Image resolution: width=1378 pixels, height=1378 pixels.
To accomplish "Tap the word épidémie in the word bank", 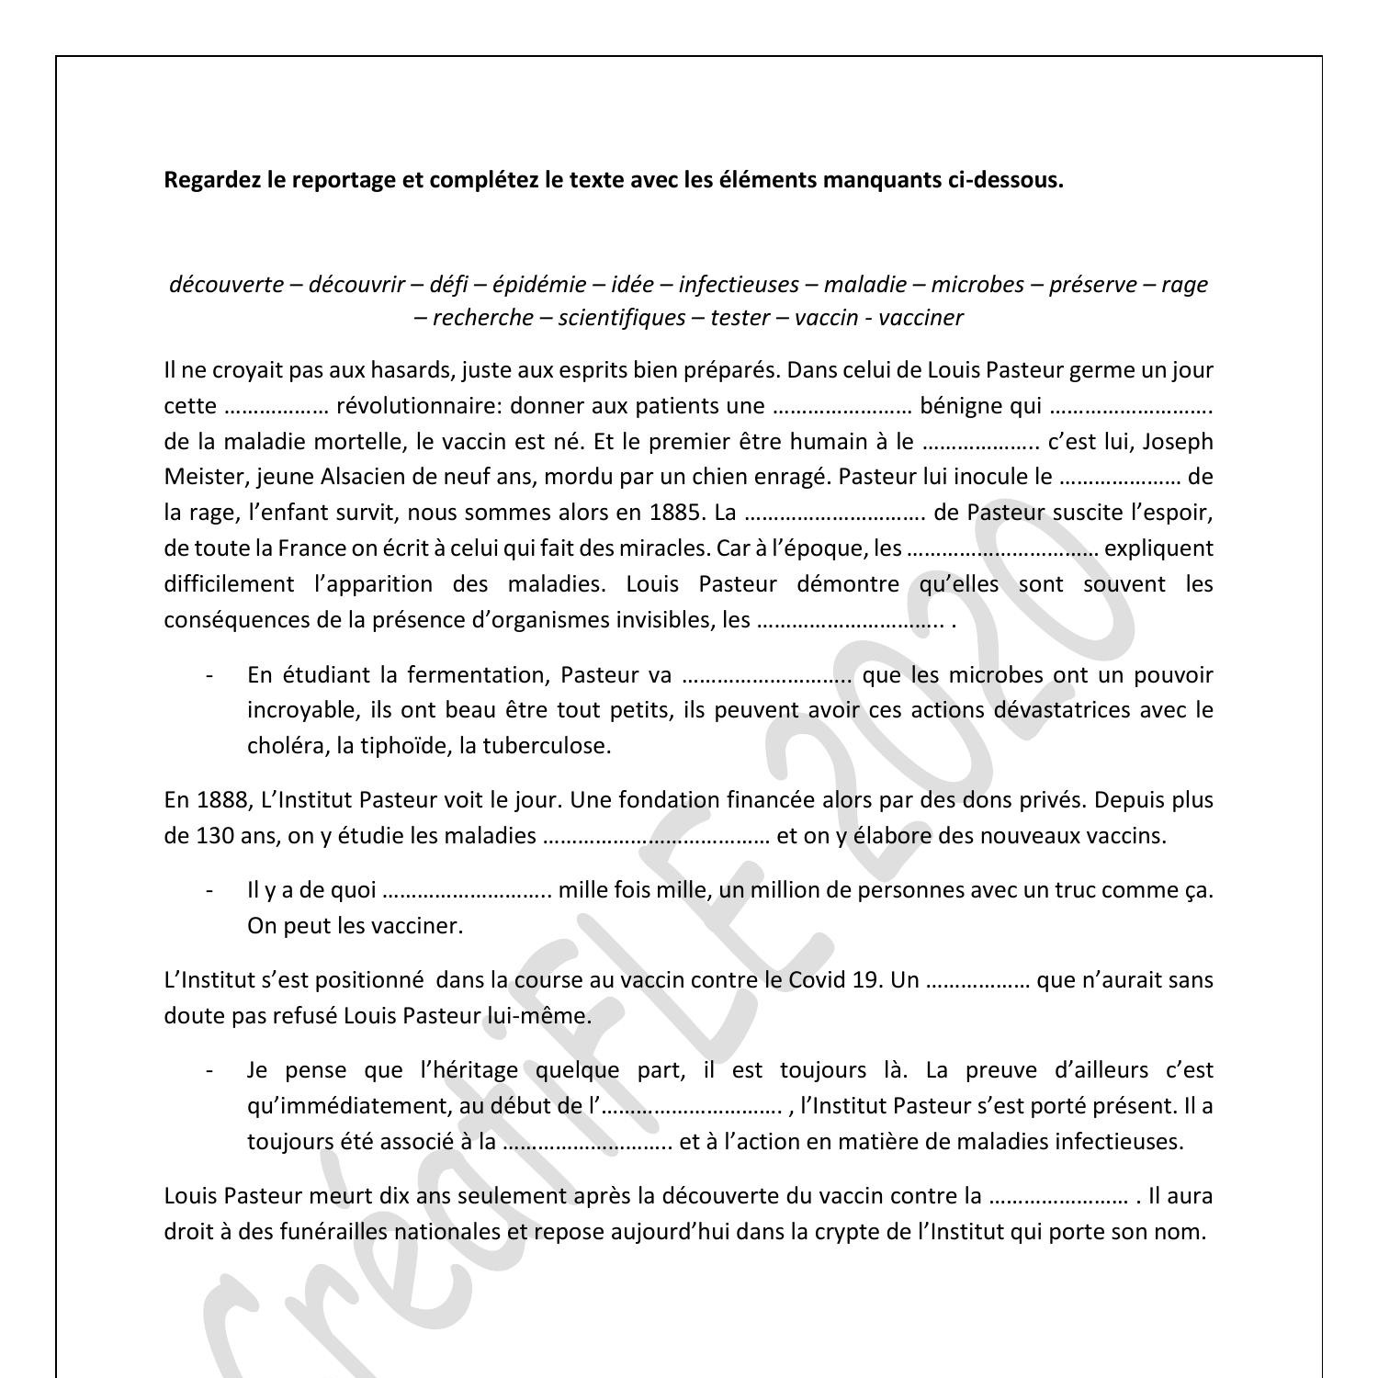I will click(539, 285).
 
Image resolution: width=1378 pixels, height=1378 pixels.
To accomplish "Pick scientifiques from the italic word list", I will click(622, 318).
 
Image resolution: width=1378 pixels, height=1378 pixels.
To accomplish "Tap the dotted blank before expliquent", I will click(1002, 549).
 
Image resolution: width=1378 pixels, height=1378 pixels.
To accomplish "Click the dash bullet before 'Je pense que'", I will click(210, 1070).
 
